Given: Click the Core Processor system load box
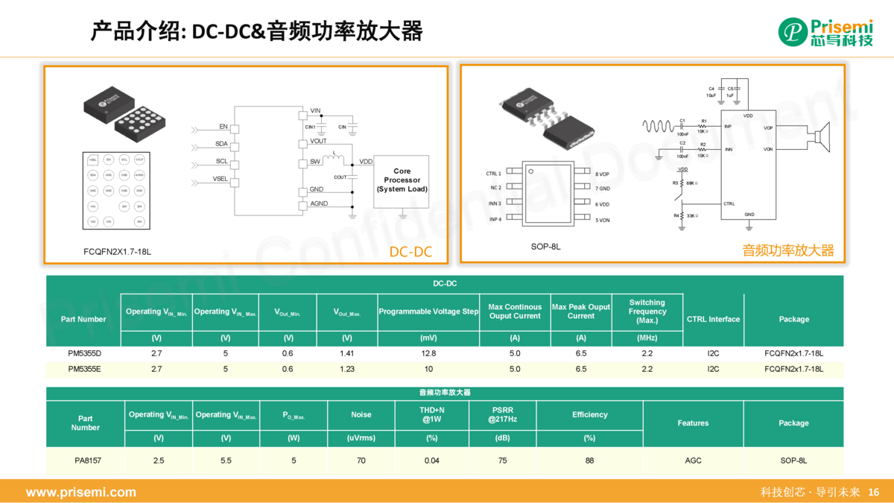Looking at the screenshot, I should pos(402,180).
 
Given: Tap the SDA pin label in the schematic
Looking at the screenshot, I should pos(221,144).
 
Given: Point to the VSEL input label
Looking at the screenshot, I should pos(221,179).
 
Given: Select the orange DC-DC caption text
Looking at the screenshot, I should pos(410,252).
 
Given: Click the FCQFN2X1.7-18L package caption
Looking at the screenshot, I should pos(117,252).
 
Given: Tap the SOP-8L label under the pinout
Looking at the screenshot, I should pos(545,246).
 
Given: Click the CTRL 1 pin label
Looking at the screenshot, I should pos(493,173).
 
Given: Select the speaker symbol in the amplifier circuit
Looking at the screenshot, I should pos(822,138).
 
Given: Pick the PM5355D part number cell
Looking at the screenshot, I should pos(84,353).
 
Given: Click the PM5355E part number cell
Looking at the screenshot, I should pos(84,369).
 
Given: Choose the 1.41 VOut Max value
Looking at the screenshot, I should pos(346,353).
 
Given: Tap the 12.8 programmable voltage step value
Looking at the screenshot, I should pos(428,353).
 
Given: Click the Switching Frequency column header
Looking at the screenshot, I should pos(647,311).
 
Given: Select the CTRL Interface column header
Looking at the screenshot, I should pos(713,319).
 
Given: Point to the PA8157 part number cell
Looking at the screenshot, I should pos(88,461).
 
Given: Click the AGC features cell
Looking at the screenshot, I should pos(693,461).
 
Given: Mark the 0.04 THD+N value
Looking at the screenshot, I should pos(431,461).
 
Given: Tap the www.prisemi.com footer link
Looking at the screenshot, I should pos(81,492).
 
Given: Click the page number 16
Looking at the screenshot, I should pos(874,492).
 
